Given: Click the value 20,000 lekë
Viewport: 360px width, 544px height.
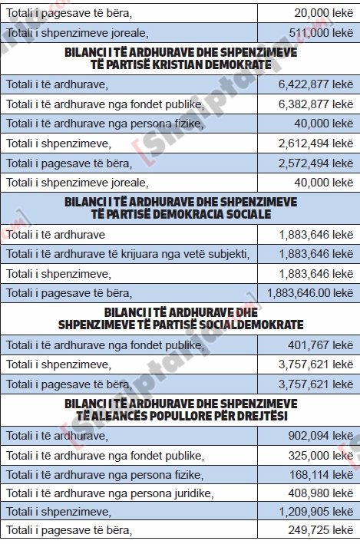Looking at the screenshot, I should click(x=323, y=12).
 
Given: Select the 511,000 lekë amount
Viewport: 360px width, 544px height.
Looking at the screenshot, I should click(x=320, y=32).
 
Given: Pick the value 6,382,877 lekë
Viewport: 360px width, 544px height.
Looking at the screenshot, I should click(x=315, y=104).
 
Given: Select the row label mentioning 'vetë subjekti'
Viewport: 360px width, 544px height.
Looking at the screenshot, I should click(x=128, y=253).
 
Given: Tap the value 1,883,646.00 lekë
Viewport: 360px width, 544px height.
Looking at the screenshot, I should click(x=309, y=292).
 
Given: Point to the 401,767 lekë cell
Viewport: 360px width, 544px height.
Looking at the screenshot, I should click(x=320, y=345).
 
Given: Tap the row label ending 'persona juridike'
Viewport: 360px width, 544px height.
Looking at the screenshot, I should click(x=110, y=493).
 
